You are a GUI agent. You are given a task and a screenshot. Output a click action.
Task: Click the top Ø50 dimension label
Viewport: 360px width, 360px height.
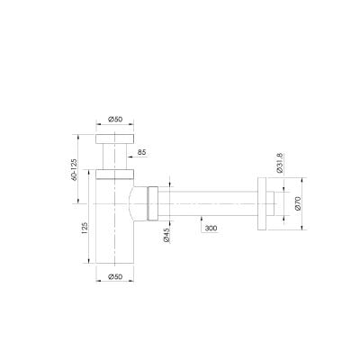115,119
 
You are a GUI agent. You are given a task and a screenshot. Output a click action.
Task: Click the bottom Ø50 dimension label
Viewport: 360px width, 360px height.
115,276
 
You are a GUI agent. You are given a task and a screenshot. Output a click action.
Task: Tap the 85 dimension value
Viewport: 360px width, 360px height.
141,152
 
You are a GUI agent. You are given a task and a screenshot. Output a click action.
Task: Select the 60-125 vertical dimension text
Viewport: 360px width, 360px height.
74,169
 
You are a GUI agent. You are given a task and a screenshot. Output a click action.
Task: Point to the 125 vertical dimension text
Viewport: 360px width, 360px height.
85,228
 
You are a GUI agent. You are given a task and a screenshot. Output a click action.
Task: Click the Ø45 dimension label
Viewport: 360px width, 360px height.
166,235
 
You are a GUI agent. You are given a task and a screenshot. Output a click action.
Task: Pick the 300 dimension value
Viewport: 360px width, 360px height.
211,229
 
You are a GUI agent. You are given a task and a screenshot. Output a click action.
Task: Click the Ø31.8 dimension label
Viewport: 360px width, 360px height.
279,163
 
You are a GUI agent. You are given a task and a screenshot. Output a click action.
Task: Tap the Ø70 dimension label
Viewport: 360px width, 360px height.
298,203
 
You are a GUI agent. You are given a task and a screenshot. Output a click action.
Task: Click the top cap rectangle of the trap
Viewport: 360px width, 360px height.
114,139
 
